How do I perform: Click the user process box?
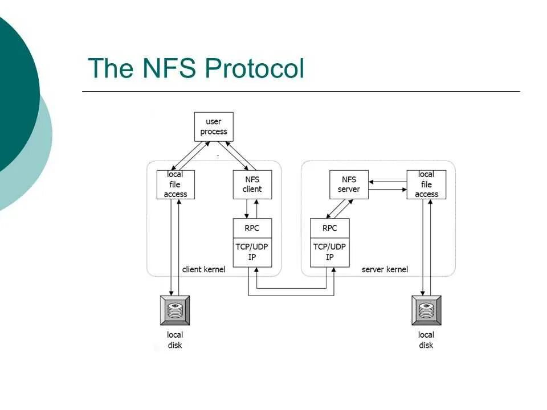tap(214, 126)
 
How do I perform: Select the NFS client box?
tap(252, 184)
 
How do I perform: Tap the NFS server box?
tap(349, 184)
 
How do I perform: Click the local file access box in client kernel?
tap(175, 184)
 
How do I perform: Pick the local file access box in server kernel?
tap(426, 184)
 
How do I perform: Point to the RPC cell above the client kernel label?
tap(252, 228)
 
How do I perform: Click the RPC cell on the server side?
tap(329, 228)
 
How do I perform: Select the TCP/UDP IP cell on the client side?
tap(252, 252)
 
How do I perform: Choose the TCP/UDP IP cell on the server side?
tap(329, 252)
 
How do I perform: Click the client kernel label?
tap(203, 269)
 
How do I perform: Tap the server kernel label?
tap(385, 269)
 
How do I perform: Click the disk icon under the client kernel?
tap(175, 310)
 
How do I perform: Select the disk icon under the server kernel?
tap(426, 310)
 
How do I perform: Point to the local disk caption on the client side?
tap(175, 340)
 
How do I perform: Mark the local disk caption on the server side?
tap(426, 340)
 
